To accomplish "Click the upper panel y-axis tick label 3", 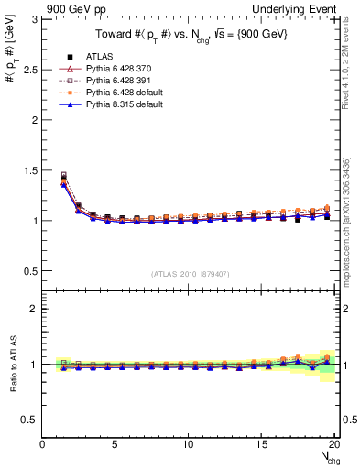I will point(33,19).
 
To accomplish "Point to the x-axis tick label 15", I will point(262,444).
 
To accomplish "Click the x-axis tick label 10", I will point(189,444).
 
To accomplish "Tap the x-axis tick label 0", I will point(43,444).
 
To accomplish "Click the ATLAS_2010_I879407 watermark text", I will point(190,274).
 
